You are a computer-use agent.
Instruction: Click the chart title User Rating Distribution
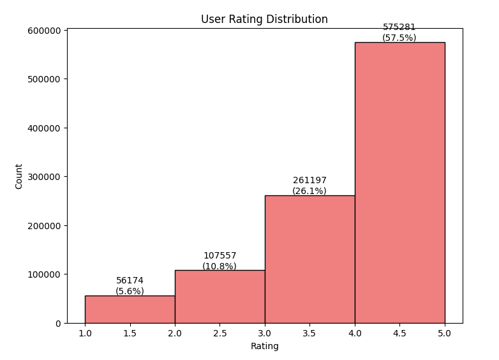click(x=264, y=19)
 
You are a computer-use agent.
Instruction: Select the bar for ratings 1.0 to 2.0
click(x=130, y=310)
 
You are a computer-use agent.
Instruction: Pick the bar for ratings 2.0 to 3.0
click(x=220, y=297)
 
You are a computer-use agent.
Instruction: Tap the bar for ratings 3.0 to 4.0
click(x=309, y=259)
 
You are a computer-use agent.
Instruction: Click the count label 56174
click(x=130, y=281)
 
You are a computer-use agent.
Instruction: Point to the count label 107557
click(x=220, y=256)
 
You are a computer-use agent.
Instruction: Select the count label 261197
click(x=309, y=181)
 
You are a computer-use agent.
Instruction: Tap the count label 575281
click(x=399, y=27)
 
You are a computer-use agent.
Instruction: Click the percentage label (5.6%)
click(x=130, y=291)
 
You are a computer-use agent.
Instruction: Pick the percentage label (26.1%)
click(x=309, y=191)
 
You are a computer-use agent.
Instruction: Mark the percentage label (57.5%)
click(x=399, y=38)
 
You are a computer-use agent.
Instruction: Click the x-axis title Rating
click(x=264, y=346)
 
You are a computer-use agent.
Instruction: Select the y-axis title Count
click(x=19, y=176)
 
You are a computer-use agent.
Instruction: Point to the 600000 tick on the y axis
click(x=43, y=31)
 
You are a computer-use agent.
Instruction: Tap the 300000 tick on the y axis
click(x=43, y=177)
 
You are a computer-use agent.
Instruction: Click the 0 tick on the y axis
click(x=58, y=324)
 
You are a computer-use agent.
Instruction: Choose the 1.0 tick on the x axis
click(x=85, y=333)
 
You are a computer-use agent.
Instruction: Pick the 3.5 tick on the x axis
click(x=309, y=333)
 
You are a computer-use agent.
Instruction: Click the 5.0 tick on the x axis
click(x=445, y=333)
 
